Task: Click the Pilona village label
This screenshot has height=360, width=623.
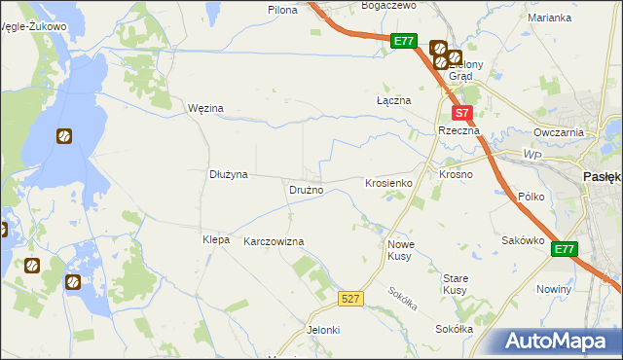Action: click(x=282, y=9)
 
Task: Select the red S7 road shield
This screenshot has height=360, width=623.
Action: click(x=463, y=113)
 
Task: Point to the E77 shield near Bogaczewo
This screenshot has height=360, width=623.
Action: click(x=405, y=42)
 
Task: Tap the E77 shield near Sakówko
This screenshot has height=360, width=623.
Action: click(x=565, y=250)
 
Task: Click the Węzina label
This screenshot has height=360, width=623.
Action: click(x=205, y=108)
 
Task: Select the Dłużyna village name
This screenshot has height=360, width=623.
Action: click(x=229, y=175)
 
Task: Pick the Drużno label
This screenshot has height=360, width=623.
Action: click(x=306, y=190)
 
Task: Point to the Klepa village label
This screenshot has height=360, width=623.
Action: click(x=215, y=239)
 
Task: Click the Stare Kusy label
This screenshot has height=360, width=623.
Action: click(x=456, y=284)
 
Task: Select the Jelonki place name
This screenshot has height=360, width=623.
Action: click(x=323, y=330)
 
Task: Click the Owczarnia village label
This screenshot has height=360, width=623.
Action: click(x=559, y=132)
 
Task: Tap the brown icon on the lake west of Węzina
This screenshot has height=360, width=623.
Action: click(x=64, y=137)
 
